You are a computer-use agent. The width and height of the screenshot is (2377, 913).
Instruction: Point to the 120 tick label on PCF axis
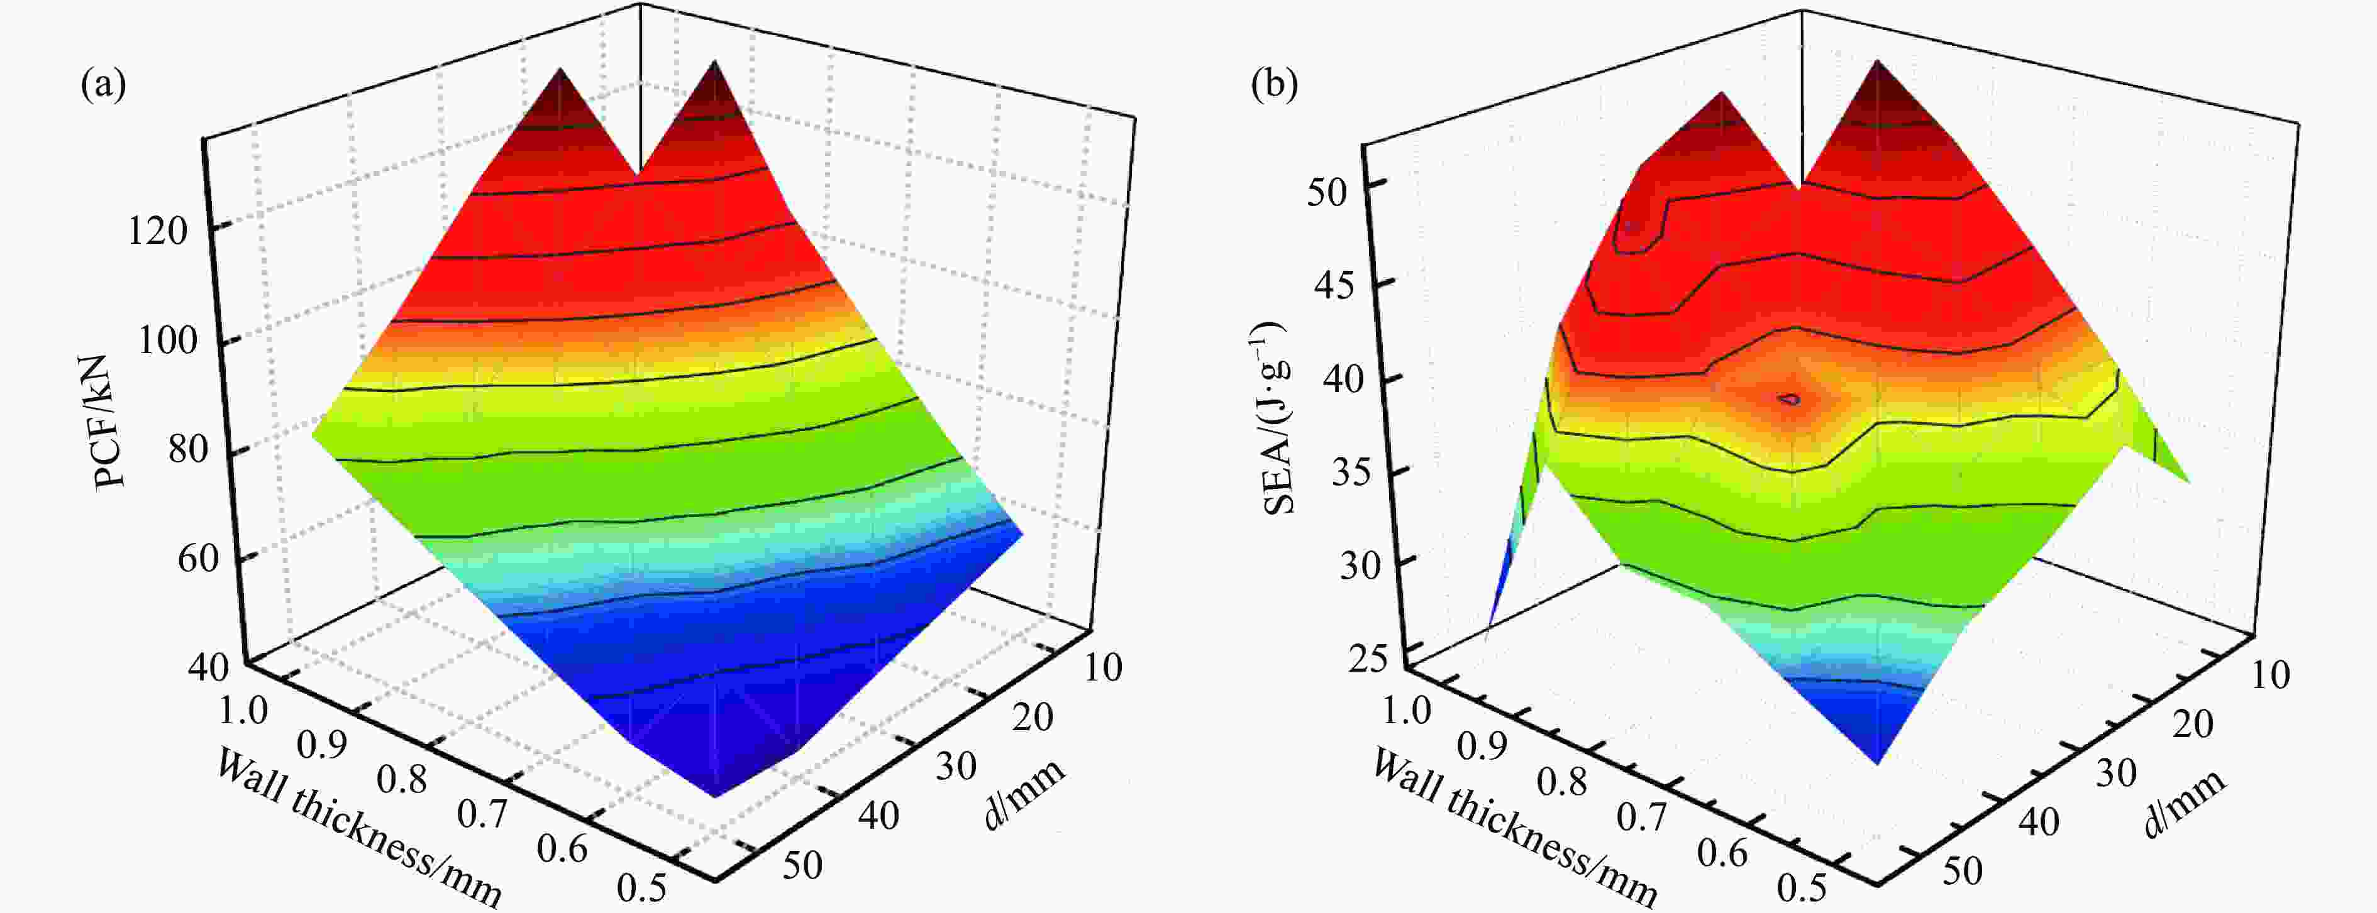157,231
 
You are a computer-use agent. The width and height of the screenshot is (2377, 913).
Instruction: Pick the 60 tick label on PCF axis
197,558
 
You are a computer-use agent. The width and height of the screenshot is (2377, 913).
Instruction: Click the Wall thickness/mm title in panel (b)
1514,828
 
